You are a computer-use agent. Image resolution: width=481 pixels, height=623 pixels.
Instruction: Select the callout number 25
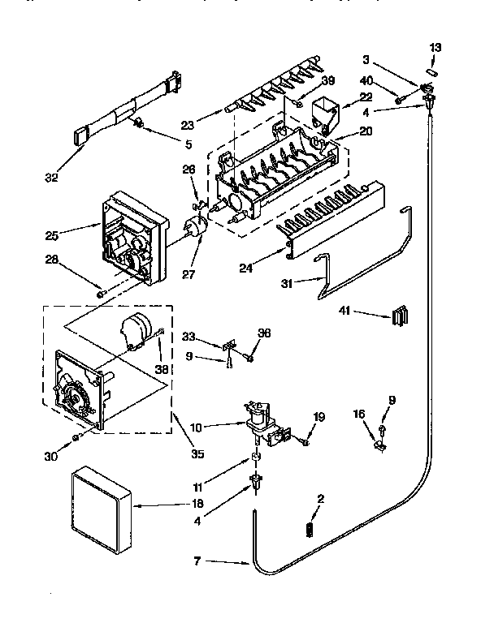point(52,236)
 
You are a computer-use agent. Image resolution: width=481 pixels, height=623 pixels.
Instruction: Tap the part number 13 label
point(435,47)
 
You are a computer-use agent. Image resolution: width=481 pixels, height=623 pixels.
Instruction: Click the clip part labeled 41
point(398,315)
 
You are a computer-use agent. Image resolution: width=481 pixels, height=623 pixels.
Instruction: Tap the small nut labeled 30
point(76,437)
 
